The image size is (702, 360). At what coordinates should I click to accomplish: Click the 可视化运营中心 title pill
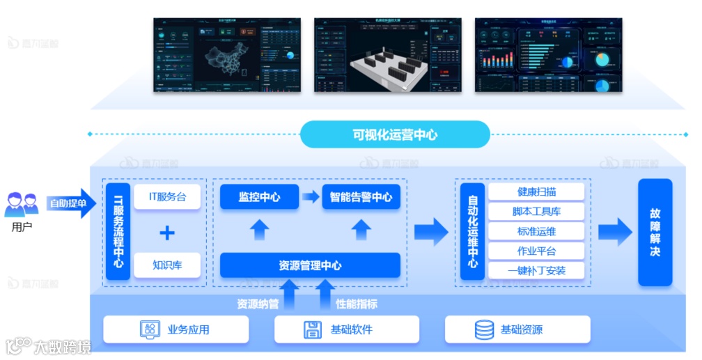395,134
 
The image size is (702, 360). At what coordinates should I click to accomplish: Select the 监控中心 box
259,197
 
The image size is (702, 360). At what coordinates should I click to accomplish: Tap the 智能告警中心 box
361,197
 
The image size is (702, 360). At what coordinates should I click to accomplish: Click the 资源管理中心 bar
310,265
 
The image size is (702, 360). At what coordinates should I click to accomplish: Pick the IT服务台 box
167,197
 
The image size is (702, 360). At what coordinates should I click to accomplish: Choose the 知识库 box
167,265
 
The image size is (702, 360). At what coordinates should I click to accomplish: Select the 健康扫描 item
536,192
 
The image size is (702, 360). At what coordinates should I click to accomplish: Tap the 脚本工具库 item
536,212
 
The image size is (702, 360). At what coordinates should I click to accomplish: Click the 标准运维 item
536,231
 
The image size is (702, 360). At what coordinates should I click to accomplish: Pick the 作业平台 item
536,251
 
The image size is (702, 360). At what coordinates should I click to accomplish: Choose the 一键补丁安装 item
536,270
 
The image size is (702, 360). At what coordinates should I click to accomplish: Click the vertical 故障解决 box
655,232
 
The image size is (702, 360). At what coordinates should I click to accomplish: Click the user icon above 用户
22,205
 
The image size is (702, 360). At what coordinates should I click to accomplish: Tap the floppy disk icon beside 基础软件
313,329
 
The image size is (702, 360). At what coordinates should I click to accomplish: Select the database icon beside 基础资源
484,329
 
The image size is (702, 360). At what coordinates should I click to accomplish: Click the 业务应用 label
188,329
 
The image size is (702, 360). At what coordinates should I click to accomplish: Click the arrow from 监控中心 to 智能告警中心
310,197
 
